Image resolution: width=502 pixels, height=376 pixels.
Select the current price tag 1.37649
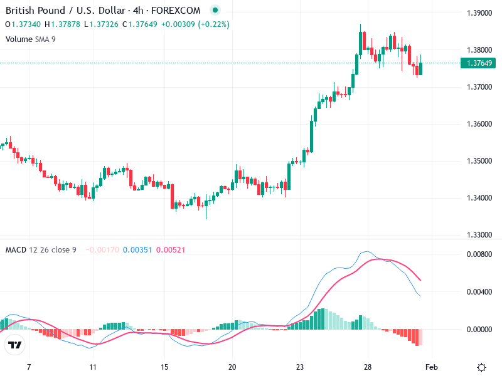point(478,63)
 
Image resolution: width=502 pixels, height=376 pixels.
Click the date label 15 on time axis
point(164,368)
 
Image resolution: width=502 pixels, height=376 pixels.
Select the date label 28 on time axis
point(368,368)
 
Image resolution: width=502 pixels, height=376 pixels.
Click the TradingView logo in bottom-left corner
point(15,345)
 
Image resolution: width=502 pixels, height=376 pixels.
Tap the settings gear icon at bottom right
point(482,368)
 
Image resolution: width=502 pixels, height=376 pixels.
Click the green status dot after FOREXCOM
point(215,11)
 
